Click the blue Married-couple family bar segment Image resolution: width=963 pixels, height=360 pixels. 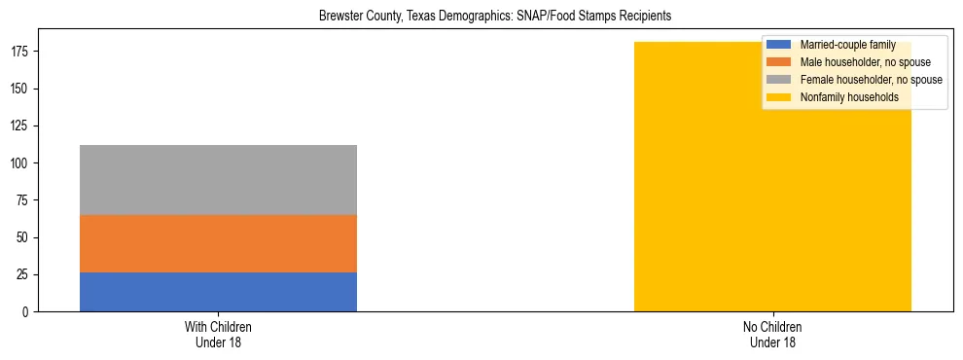click(218, 292)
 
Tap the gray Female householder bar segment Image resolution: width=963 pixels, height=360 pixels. click(218, 180)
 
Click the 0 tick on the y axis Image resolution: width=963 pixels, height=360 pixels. click(29, 312)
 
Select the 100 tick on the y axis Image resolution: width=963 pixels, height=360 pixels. click(23, 163)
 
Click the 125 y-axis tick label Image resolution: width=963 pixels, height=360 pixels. click(23, 126)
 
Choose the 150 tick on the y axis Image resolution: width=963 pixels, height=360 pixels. click(23, 90)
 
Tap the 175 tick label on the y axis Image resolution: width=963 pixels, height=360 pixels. click(23, 52)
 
